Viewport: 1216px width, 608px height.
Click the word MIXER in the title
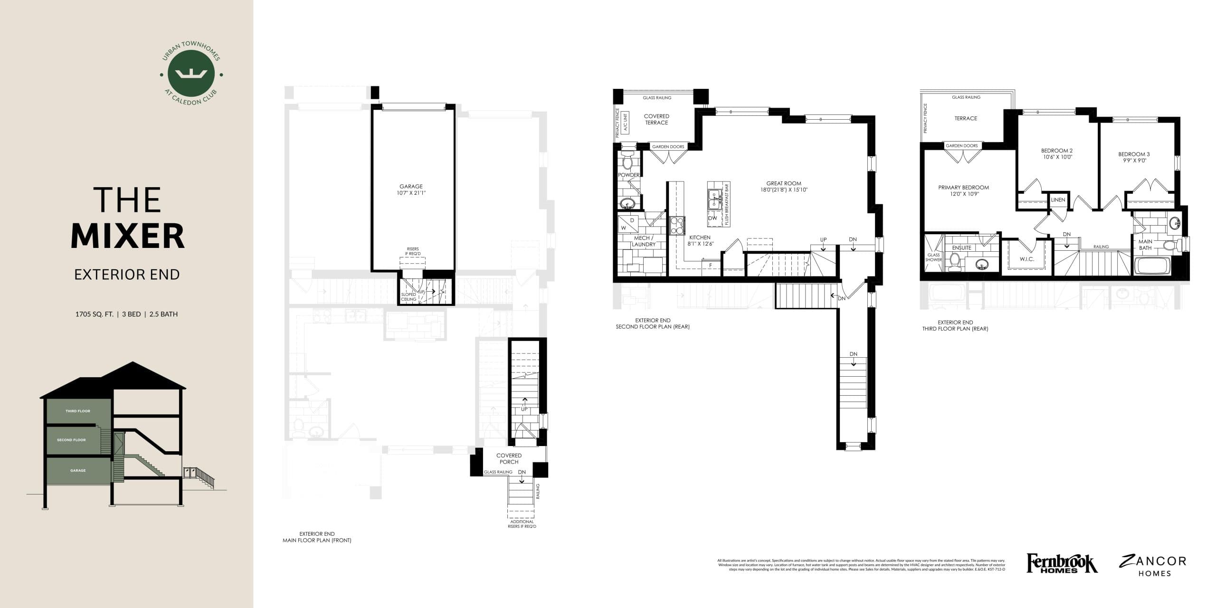[x=128, y=236]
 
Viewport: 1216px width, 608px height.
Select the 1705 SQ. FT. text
[x=94, y=314]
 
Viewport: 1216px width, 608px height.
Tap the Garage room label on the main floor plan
[x=411, y=187]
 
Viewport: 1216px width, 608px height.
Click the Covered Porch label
[x=509, y=458]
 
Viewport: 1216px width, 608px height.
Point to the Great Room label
[x=784, y=183]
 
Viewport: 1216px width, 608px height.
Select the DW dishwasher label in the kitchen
[x=712, y=218]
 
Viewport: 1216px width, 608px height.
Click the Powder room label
[x=628, y=175]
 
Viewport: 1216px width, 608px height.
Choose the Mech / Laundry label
[x=643, y=241]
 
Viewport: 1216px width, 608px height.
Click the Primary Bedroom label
[x=963, y=188]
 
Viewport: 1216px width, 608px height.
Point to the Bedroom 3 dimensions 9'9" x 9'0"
[x=1133, y=161]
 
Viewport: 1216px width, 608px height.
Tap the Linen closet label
[x=1058, y=200]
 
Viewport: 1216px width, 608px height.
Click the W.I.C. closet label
[x=1026, y=259]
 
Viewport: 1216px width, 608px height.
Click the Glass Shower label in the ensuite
[x=933, y=257]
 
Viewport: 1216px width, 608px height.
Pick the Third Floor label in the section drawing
[x=78, y=411]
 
